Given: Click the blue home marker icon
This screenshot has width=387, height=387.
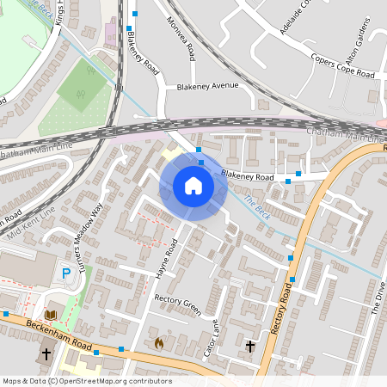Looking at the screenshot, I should [193, 185].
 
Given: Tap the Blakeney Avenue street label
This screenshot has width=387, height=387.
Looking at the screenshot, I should [206, 86].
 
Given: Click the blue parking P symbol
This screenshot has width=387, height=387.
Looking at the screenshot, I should [66, 273].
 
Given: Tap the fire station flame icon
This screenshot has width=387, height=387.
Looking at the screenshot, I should [158, 341].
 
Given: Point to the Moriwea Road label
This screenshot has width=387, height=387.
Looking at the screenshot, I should [181, 40].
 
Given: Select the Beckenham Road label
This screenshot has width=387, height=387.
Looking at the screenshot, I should [58, 330].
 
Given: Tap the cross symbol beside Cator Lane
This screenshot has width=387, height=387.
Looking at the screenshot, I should [250, 346].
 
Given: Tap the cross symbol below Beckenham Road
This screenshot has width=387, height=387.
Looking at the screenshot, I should [46, 353].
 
